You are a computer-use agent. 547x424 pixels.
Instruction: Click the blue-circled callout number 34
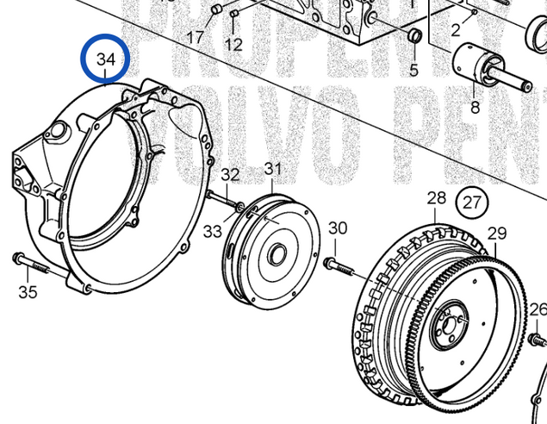point(105,59)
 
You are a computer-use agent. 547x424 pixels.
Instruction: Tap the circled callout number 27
point(471,203)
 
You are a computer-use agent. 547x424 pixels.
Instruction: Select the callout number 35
point(28,292)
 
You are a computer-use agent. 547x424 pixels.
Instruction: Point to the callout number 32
point(230,175)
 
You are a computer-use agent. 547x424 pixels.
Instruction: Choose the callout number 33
point(213,231)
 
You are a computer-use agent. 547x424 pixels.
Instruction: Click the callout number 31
point(272,169)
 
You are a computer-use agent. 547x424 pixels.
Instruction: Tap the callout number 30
point(338,228)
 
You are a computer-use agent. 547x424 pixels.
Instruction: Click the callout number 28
point(437,199)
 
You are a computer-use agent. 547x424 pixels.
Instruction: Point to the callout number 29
point(497,233)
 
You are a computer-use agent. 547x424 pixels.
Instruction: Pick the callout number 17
point(196,37)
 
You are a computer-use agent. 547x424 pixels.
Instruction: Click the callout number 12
point(233,43)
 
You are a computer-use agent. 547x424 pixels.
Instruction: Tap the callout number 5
point(413,70)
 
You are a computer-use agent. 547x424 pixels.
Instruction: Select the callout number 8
point(474,108)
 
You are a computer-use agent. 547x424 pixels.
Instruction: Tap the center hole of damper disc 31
point(278,255)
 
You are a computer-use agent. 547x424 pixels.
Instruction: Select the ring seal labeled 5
point(414,37)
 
